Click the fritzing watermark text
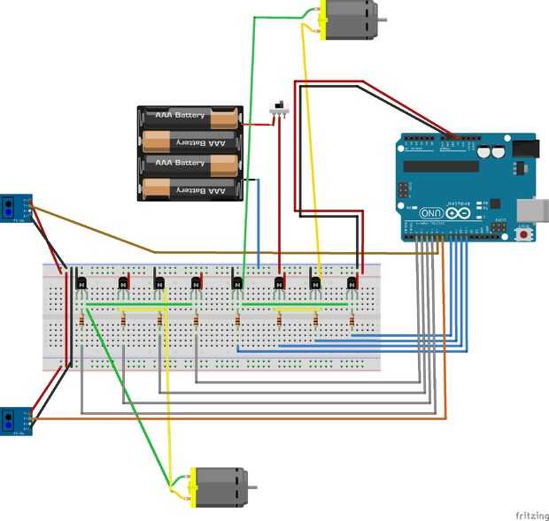pos(530,514)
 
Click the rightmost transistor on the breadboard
pos(352,284)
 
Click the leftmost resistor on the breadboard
pos(81,320)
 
